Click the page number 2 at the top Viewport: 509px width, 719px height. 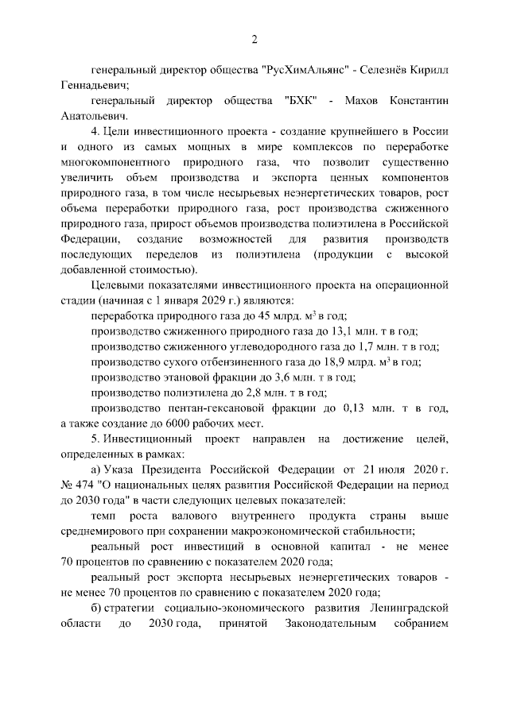[x=254, y=40]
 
